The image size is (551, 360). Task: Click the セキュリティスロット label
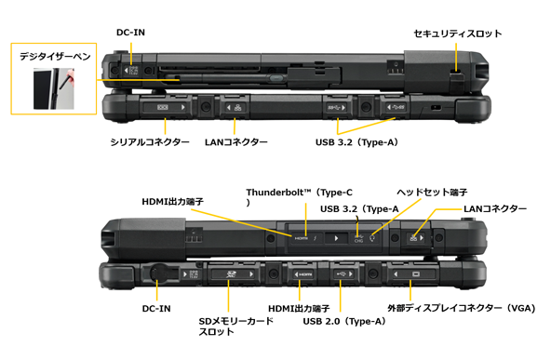458,33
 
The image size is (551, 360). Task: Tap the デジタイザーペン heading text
55,56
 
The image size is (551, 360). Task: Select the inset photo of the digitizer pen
54,88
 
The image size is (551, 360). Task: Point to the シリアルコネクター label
150,142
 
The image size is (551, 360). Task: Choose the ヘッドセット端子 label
432,193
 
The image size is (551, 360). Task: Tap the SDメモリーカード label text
235,321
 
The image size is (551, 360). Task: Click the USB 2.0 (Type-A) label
344,321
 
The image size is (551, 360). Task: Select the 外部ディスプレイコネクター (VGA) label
462,308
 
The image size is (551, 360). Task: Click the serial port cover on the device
165,107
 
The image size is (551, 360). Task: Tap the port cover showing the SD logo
232,273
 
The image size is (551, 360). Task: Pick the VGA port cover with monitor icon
410,273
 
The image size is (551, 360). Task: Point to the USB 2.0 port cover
343,273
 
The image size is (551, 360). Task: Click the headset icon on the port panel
372,238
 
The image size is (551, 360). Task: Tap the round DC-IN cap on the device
158,273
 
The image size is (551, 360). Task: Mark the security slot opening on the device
456,72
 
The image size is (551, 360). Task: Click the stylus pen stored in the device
225,78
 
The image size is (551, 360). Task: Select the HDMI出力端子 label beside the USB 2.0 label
299,308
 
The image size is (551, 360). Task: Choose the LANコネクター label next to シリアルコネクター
236,142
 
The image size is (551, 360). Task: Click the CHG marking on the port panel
358,241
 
